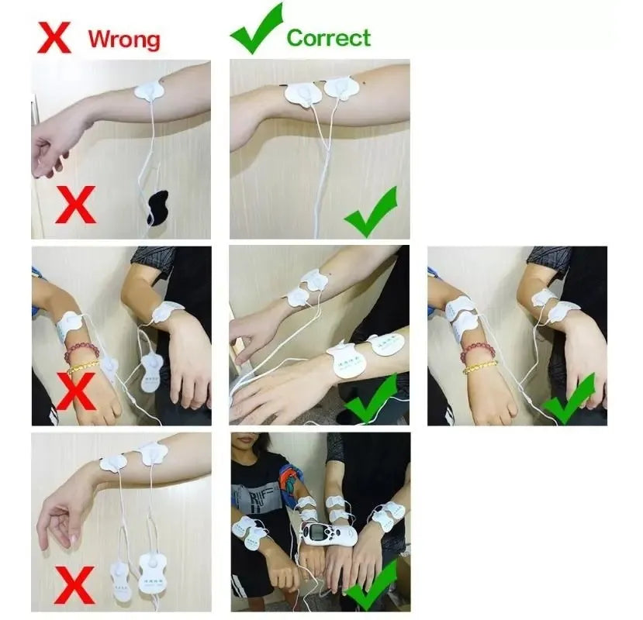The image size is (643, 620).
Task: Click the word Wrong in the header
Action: [124, 40]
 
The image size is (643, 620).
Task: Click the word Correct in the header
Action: [329, 38]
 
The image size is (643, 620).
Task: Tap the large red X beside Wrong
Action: [54, 38]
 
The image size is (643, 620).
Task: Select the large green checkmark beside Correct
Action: [256, 29]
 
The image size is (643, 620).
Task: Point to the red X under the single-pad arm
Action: [75, 205]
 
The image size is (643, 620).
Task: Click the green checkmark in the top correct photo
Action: [371, 212]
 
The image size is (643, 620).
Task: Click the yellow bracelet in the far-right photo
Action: [480, 367]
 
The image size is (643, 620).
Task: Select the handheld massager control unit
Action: [330, 533]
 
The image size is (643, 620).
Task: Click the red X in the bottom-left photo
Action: [75, 586]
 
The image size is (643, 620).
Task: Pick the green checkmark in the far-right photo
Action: [569, 398]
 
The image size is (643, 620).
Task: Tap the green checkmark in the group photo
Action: [372, 584]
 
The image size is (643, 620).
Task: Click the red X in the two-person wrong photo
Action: [76, 391]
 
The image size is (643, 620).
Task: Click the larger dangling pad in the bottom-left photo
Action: [150, 573]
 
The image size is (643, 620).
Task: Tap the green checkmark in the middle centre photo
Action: [371, 398]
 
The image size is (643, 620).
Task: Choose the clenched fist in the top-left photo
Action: [49, 158]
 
